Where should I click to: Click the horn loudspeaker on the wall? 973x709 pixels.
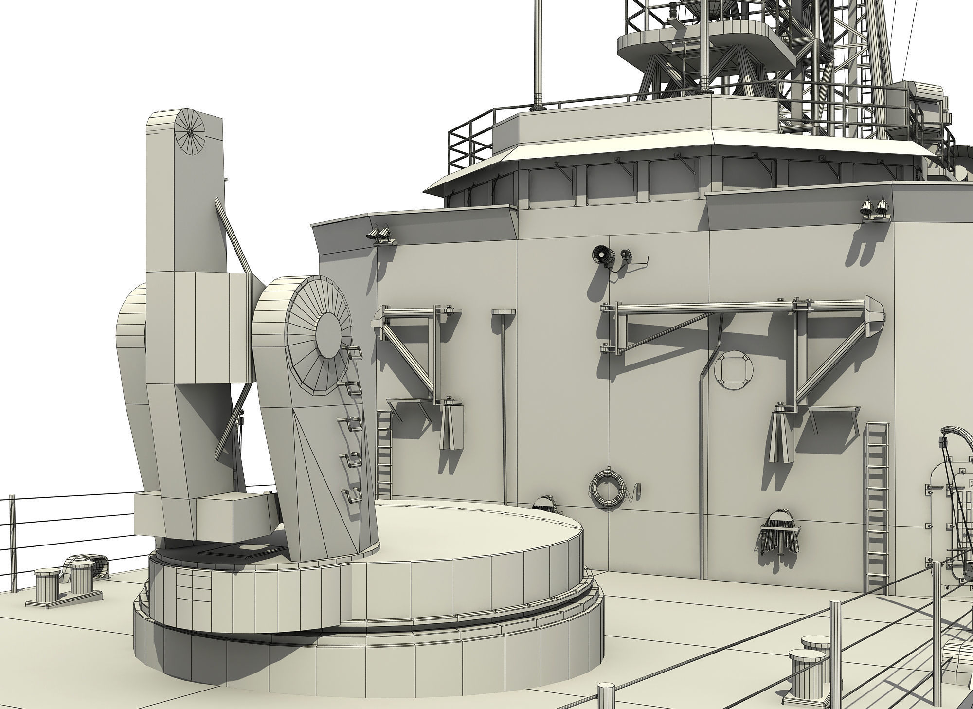pos(602,255)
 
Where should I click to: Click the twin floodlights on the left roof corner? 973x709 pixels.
pos(379,234)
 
